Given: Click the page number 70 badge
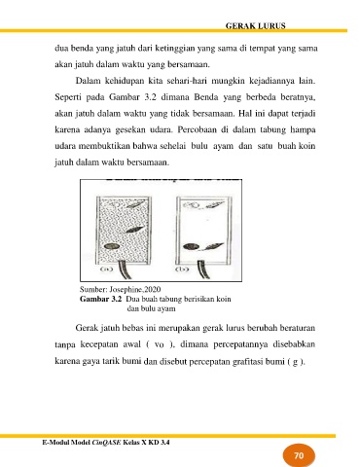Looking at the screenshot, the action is coord(299,455).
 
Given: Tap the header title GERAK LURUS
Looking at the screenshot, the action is coord(256,26).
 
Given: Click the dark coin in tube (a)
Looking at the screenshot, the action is coord(110,246).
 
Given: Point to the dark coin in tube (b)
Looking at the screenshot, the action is coord(191,247).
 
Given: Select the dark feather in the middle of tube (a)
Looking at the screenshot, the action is coord(135,230).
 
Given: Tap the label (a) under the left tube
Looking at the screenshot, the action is coord(105,269).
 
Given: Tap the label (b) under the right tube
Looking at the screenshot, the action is coord(181,269).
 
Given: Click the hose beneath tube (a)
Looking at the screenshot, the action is coord(125,269).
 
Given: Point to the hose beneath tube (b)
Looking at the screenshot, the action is coord(202,269).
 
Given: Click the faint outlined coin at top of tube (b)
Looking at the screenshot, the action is coord(190,205).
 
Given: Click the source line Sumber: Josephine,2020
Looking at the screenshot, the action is coord(120,289).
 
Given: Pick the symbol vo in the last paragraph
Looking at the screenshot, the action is coord(160,344).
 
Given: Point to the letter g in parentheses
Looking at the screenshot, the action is coord(295,362).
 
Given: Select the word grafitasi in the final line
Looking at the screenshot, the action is coord(247,361).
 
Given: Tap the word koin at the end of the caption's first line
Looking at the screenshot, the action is coord(224,299).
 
